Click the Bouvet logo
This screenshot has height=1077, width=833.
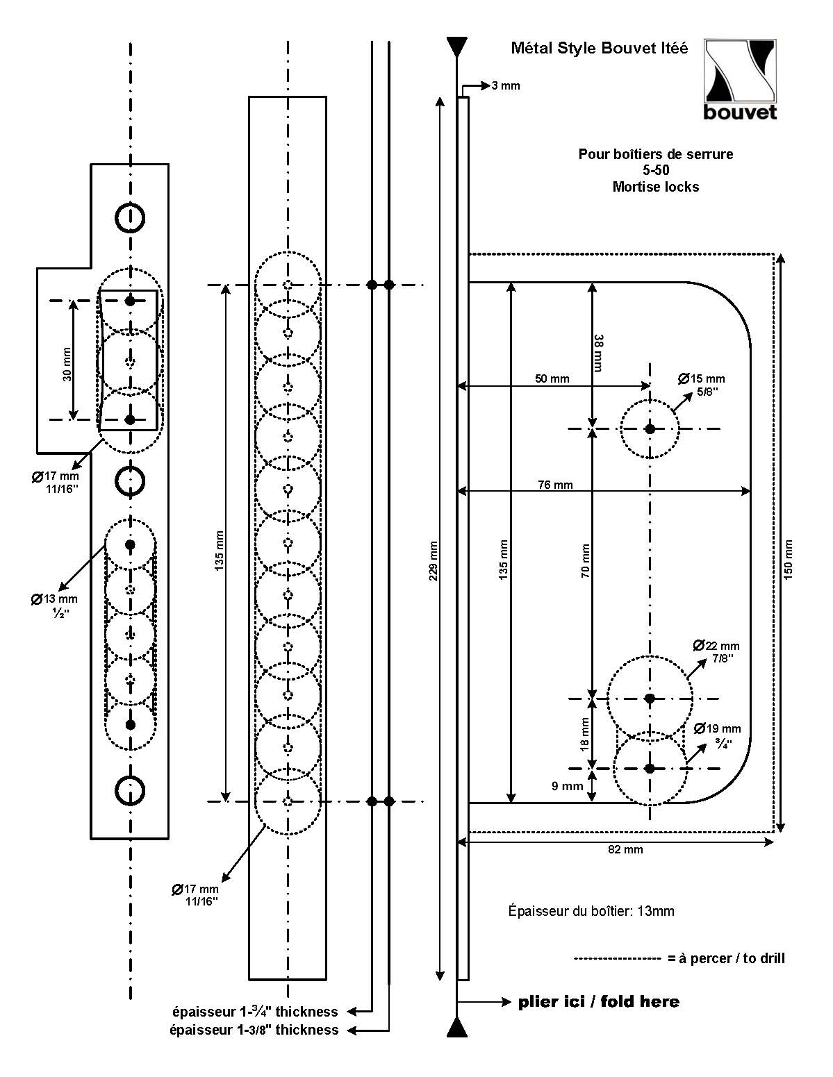click(740, 79)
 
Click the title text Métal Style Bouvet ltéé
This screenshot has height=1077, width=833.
click(600, 49)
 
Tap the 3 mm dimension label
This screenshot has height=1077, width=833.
click(505, 86)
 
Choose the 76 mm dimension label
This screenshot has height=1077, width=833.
click(555, 485)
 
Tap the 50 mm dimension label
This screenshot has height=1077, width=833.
click(552, 378)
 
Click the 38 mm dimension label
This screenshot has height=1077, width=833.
click(599, 353)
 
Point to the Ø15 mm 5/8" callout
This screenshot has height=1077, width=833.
click(702, 384)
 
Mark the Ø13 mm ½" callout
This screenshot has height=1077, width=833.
click(55, 605)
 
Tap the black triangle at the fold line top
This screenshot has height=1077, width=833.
click(456, 47)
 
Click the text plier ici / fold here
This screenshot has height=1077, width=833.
click(599, 1001)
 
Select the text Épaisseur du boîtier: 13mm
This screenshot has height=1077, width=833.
click(591, 911)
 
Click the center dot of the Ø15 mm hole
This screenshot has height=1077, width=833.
click(650, 429)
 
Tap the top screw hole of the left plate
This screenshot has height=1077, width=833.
click(130, 217)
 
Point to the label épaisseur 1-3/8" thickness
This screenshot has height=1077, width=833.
click(254, 1030)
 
